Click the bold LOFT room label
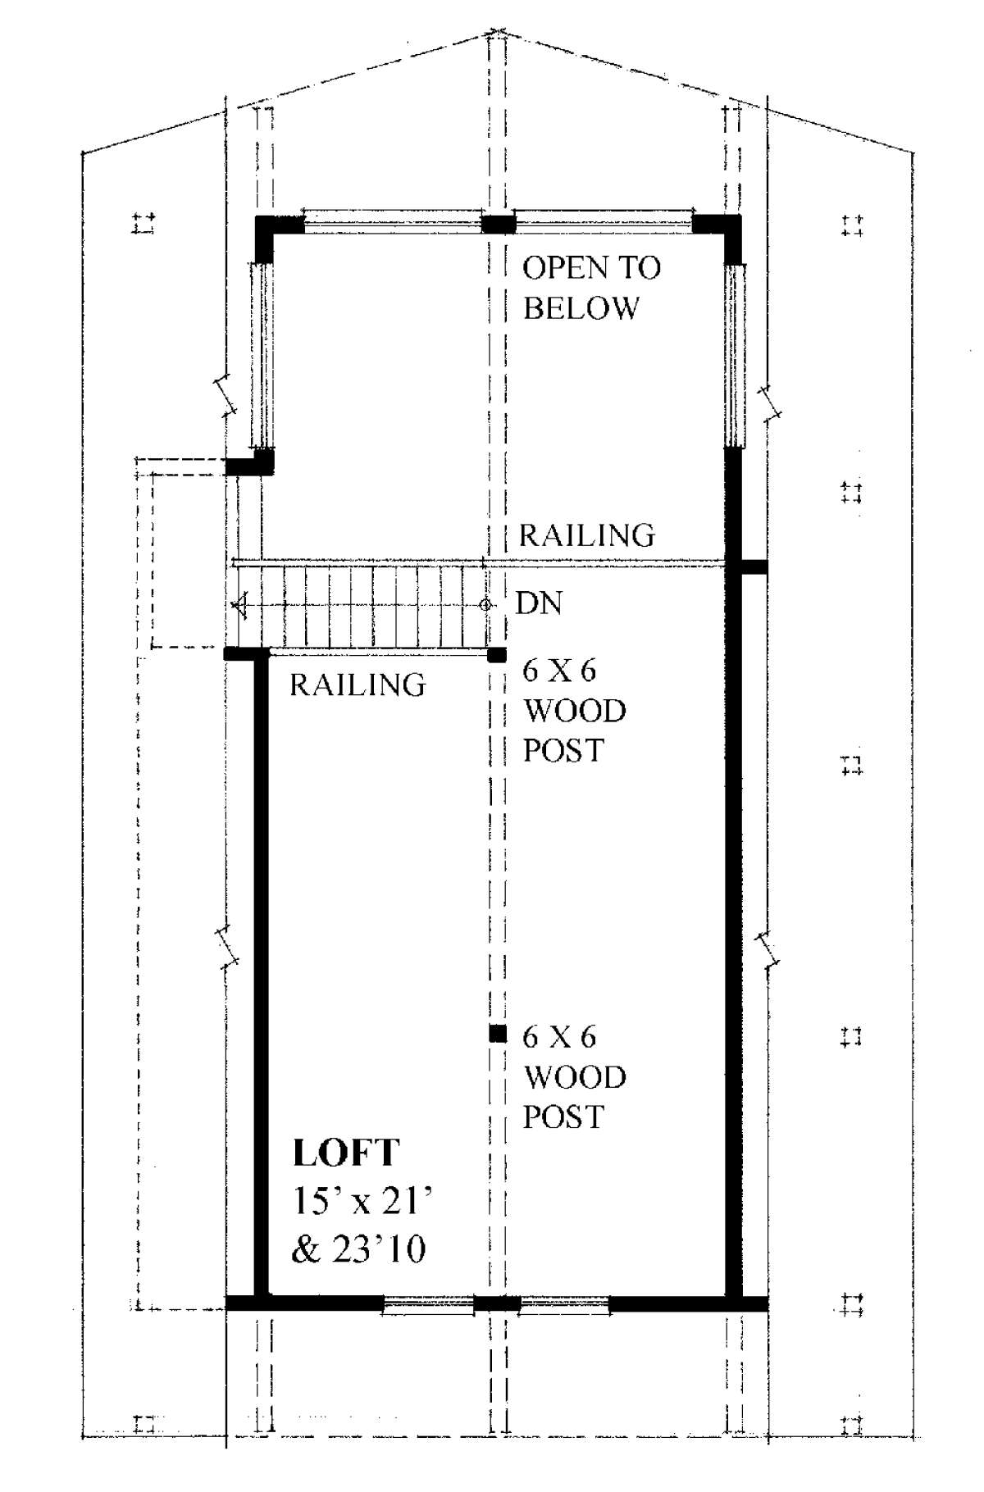point(346,1153)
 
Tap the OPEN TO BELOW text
point(592,288)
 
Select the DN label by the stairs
point(539,603)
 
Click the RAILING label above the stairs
point(587,535)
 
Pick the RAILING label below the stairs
point(358,685)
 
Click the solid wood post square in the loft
point(497,1034)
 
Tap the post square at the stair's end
point(497,654)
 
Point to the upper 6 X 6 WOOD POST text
point(574,710)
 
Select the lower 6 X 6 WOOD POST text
point(574,1076)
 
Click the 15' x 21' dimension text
point(362,1202)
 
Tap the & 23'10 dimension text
point(359,1250)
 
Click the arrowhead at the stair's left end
point(239,606)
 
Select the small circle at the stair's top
point(485,605)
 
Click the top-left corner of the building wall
point(257,216)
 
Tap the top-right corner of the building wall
point(740,216)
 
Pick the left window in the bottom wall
point(428,1304)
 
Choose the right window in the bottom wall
point(565,1304)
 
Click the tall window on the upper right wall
point(733,355)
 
